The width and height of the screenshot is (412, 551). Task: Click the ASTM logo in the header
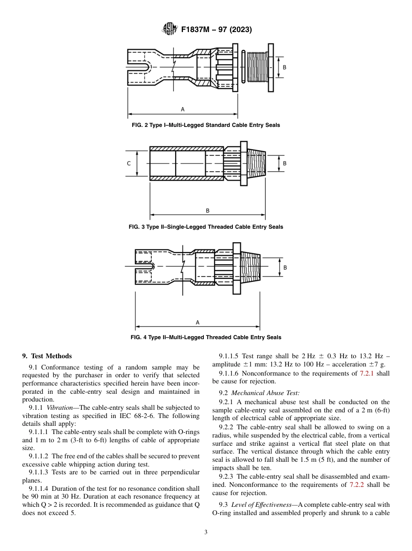click(x=169, y=29)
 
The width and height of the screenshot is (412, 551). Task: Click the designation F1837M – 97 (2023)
click(x=216, y=30)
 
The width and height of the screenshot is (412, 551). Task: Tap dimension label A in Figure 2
click(x=183, y=110)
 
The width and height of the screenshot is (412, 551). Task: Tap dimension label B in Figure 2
click(x=284, y=68)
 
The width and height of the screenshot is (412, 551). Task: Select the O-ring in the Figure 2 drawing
click(x=243, y=67)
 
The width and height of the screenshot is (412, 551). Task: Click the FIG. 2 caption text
click(x=206, y=125)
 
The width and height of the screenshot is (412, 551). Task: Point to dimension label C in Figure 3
click(x=129, y=164)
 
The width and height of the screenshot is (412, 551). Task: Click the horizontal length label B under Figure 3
click(x=207, y=211)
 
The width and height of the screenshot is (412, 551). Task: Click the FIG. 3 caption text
click(x=206, y=227)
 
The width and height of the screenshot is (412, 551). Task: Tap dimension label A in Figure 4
click(x=197, y=322)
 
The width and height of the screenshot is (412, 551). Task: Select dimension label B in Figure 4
click(x=285, y=268)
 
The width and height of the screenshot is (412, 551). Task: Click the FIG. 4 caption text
click(x=206, y=337)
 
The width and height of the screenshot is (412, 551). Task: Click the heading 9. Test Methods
click(x=47, y=356)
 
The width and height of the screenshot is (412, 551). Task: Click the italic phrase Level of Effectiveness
click(x=262, y=505)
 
